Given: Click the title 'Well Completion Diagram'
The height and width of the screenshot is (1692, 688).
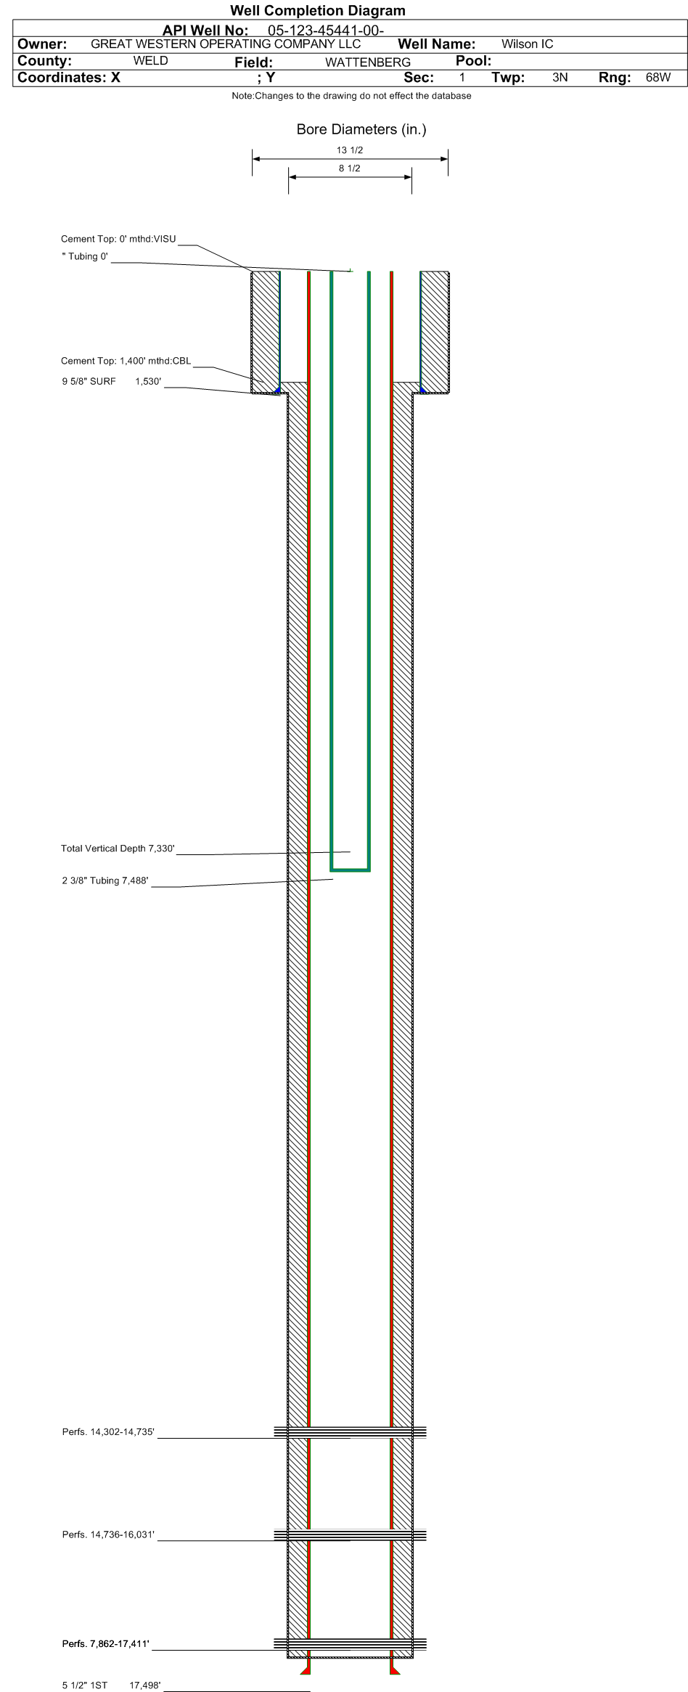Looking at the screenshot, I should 317,10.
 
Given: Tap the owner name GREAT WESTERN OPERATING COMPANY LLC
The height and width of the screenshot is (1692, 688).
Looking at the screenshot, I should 226,44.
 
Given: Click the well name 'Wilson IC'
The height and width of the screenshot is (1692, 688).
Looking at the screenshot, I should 527,44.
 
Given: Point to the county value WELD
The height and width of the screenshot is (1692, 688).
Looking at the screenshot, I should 150,61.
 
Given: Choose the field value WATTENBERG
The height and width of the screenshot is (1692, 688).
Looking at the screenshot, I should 367,62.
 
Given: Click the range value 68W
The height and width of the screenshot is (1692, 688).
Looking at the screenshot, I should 658,78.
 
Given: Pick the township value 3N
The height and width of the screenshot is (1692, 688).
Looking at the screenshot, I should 560,78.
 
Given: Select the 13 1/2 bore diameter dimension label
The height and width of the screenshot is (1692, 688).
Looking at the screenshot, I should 350,150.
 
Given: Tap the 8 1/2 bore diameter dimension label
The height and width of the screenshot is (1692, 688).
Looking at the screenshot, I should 350,168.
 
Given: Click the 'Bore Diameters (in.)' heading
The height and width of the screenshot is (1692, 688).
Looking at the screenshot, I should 361,130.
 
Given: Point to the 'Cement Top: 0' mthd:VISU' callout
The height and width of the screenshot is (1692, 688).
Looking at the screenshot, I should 118,239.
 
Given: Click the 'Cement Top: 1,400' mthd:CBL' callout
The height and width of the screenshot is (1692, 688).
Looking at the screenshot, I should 126,361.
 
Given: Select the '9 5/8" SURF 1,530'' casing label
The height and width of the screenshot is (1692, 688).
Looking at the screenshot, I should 111,381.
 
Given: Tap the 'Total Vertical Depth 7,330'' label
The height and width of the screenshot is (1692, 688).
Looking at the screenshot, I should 118,849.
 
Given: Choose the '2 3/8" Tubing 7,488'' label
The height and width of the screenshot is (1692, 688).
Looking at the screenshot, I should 105,880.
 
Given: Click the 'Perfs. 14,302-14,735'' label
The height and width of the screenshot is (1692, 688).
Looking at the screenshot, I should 108,1432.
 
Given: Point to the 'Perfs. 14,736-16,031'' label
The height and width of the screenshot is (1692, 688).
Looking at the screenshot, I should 108,1534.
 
